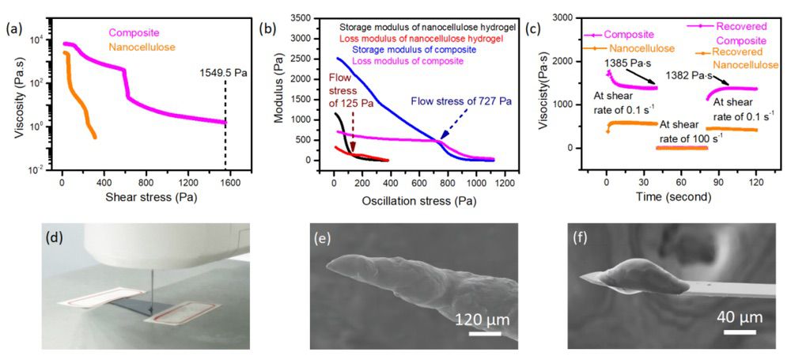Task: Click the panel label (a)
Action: (x=13, y=31)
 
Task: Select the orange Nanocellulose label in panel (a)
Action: (x=142, y=47)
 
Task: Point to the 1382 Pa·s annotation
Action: (x=686, y=75)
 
